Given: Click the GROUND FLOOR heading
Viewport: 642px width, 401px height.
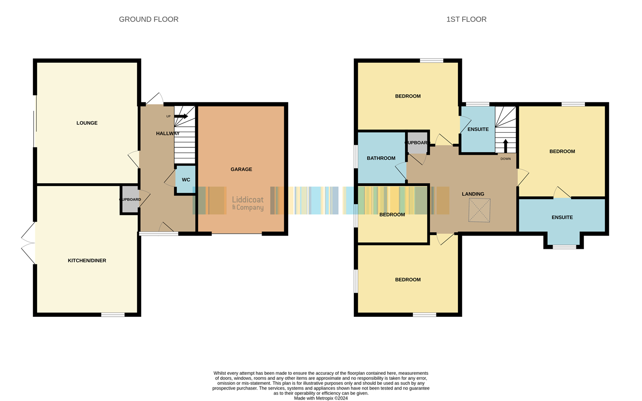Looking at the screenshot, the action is (148, 19).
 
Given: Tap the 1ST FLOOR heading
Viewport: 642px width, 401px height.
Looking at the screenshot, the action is (467, 19).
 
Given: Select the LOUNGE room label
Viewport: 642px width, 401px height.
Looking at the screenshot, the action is (87, 123).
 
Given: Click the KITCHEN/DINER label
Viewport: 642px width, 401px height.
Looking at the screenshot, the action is (87, 261).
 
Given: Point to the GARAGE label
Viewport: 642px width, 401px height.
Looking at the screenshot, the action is (241, 169).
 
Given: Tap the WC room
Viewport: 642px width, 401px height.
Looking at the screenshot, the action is (186, 180).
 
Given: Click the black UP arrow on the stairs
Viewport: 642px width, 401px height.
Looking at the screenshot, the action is (181, 116).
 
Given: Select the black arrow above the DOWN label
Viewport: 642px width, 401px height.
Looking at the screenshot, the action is (506, 146).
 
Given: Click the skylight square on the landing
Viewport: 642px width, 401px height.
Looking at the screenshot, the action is (479, 210).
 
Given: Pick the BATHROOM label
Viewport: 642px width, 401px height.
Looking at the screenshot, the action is (381, 158).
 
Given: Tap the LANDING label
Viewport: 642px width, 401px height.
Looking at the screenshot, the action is (473, 194).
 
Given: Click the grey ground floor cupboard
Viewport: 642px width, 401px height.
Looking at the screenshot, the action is (130, 199).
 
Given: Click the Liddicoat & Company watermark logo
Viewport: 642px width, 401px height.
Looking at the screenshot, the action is (248, 203).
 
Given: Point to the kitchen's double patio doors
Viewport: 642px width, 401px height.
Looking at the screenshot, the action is (28, 243).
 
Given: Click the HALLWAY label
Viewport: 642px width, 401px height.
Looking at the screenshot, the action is (168, 134).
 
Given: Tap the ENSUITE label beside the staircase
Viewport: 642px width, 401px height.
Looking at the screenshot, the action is (478, 129).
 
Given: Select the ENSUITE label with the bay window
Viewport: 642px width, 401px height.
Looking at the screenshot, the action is (562, 217).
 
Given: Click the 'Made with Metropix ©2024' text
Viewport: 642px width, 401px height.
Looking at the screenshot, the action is (321, 398).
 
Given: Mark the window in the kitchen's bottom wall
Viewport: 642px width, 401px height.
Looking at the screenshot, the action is (113, 315).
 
